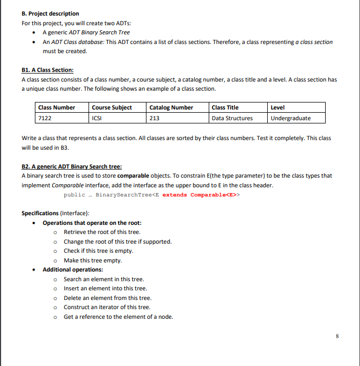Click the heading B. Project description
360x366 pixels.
(50, 13)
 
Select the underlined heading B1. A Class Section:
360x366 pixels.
(47, 70)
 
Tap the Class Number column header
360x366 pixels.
(56, 107)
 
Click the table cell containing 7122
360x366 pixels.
(45, 118)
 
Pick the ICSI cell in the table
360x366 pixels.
(97, 118)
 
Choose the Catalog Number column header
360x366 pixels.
(171, 107)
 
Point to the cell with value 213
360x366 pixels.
(154, 118)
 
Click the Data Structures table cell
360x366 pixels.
(232, 118)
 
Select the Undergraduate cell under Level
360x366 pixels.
(290, 118)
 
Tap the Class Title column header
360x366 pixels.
(225, 107)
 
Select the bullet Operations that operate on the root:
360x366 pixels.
(92, 223)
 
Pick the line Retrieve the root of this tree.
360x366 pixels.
(102, 232)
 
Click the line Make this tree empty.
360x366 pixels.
(93, 260)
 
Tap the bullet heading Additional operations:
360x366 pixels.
(72, 269)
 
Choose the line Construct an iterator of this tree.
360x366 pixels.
(107, 307)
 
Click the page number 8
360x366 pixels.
(337, 336)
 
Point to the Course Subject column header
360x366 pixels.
(112, 107)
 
